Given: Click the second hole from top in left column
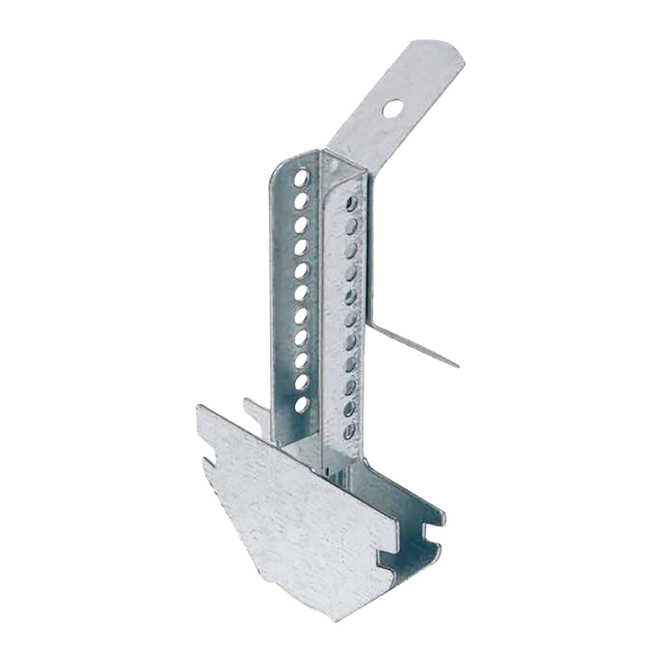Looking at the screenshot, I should [302, 198].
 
